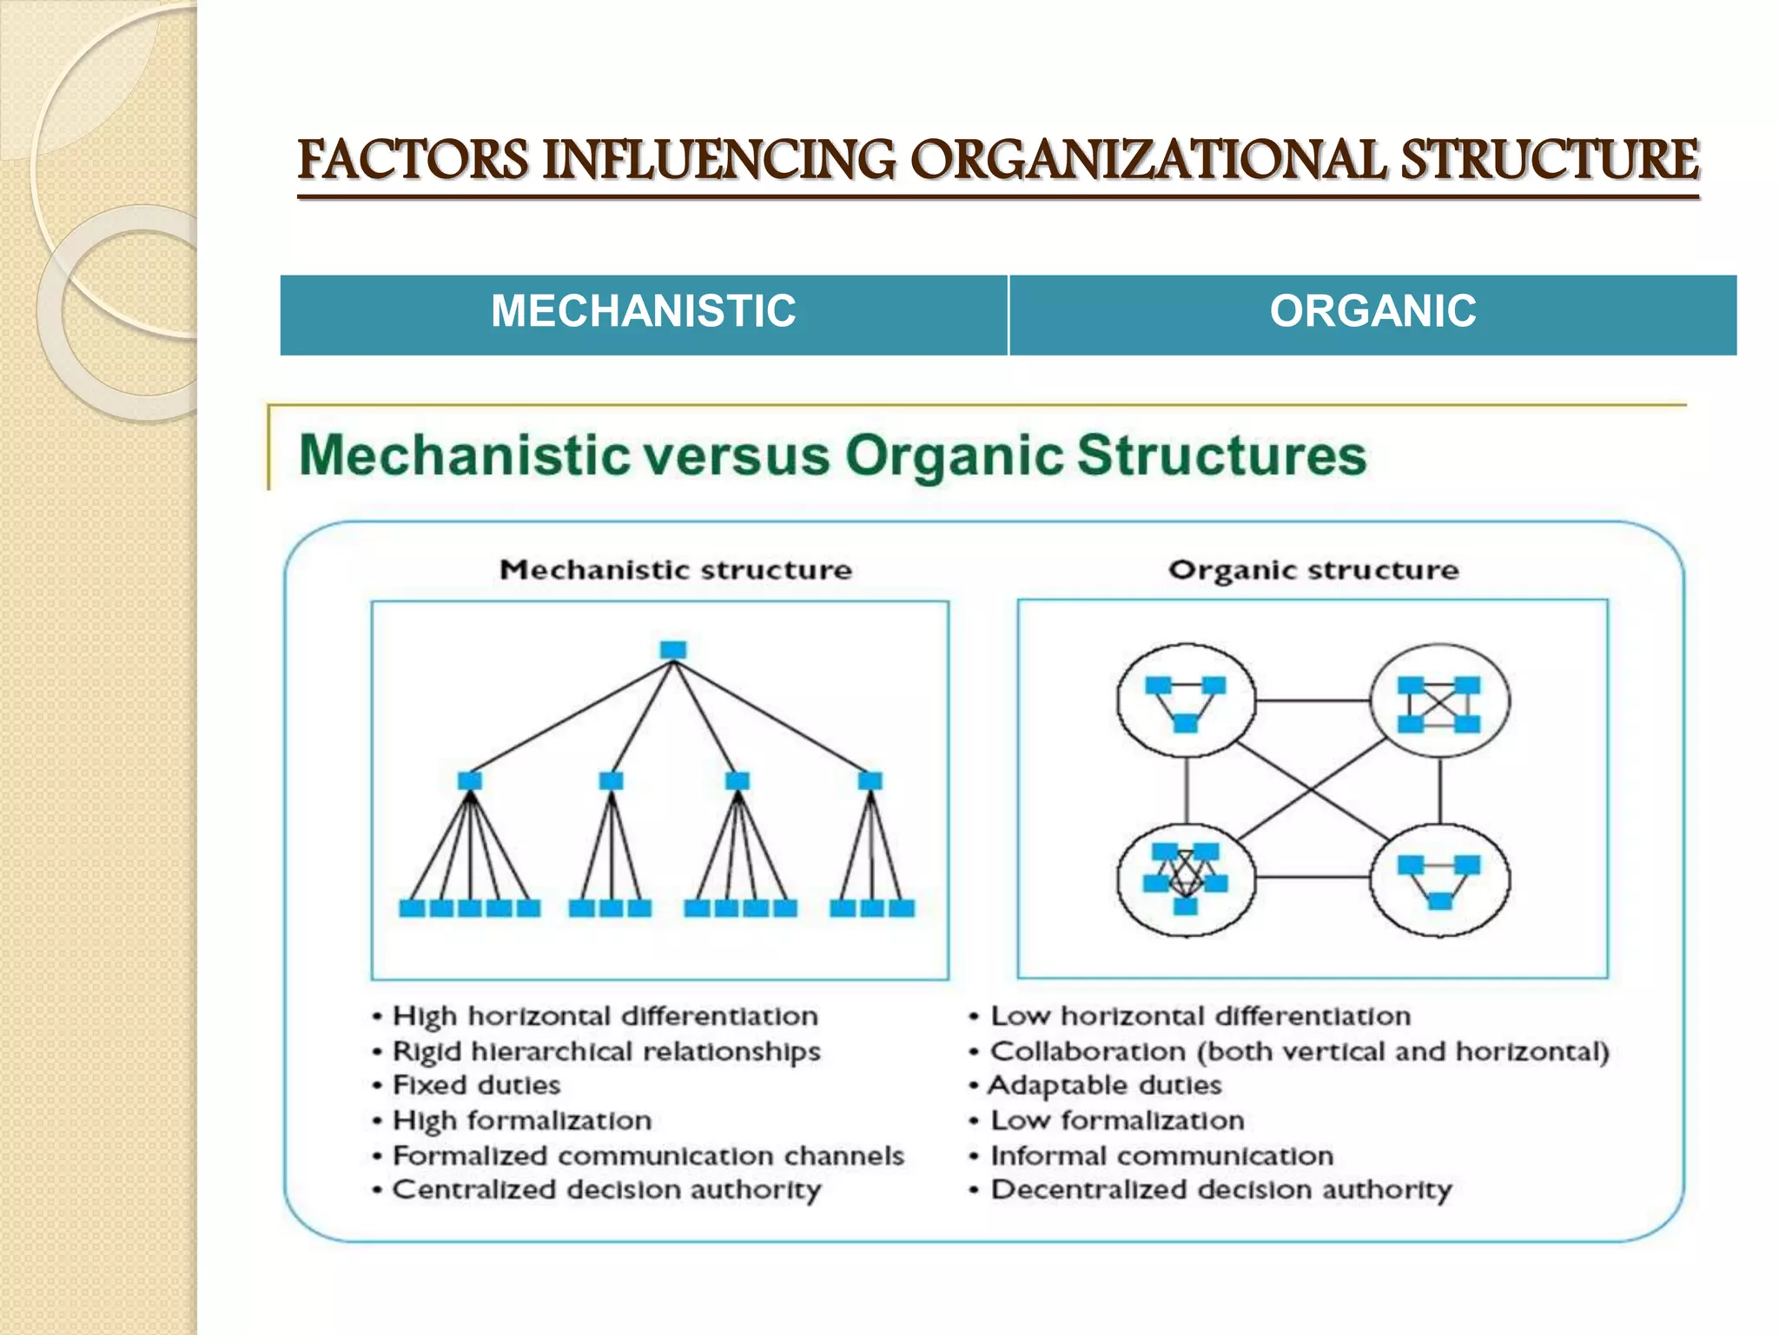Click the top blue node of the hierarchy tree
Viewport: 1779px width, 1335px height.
pyautogui.click(x=673, y=650)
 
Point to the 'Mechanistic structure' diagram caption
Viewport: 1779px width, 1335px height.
pyautogui.click(x=676, y=570)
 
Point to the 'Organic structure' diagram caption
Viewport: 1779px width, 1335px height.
pyautogui.click(x=1313, y=570)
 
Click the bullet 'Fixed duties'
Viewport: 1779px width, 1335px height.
pyautogui.click(x=476, y=1086)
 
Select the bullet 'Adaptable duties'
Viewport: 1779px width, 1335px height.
pyautogui.click(x=1105, y=1086)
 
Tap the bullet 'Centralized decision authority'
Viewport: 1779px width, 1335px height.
pyautogui.click(x=606, y=1190)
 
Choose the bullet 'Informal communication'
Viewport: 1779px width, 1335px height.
pyautogui.click(x=1161, y=1156)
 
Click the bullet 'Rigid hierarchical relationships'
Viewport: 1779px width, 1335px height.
pyautogui.click(x=606, y=1052)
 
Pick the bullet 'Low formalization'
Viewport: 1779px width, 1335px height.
pyautogui.click(x=1117, y=1120)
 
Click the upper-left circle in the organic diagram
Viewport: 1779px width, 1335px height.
pyautogui.click(x=1186, y=701)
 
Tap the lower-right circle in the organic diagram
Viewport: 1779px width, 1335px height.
pyautogui.click(x=1439, y=880)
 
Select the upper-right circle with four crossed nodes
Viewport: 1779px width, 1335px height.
pyautogui.click(x=1439, y=701)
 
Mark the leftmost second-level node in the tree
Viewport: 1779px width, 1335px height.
pyautogui.click(x=470, y=780)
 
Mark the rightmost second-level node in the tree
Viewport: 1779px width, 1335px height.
pyautogui.click(x=870, y=780)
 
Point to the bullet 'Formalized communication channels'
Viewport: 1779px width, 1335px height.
pyautogui.click(x=648, y=1156)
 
